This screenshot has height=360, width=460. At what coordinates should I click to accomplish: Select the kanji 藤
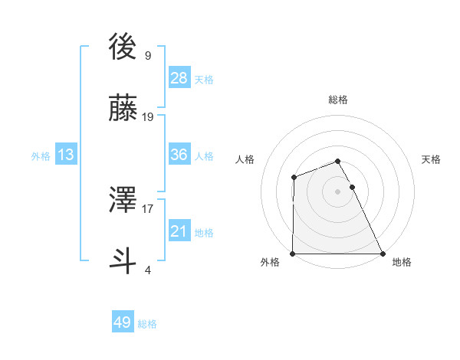point(124,110)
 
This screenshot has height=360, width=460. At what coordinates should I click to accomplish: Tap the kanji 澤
point(124,201)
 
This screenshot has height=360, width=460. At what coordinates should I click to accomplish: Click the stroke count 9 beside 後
point(147,56)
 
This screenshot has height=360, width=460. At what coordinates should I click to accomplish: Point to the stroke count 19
point(148,117)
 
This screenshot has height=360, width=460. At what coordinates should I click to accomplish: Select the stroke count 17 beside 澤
point(148,208)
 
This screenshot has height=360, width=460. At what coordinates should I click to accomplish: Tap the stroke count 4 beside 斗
point(147,270)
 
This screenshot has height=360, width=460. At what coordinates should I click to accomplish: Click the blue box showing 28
point(179,78)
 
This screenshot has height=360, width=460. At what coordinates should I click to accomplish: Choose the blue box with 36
point(179,155)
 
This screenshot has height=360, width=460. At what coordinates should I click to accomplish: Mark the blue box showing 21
point(179,231)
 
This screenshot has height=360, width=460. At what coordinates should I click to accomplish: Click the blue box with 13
point(66,155)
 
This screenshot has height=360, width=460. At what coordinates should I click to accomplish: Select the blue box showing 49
point(123,322)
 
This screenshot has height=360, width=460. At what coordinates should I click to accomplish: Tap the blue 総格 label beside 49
point(147,324)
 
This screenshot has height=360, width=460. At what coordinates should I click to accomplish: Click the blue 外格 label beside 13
point(41,156)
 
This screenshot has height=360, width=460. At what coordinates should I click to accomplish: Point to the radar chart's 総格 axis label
point(338,100)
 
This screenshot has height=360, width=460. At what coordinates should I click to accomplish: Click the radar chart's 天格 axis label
point(432,159)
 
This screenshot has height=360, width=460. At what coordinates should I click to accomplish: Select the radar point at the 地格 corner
point(383,254)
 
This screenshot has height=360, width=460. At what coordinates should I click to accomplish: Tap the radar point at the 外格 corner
point(293,254)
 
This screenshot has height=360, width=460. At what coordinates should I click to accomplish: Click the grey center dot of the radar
point(338,191)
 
